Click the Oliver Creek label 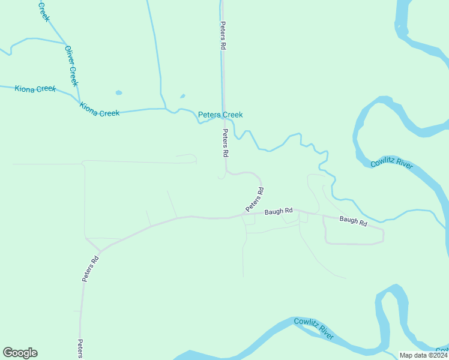(71, 66)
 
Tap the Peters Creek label (220, 115)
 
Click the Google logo (20, 353)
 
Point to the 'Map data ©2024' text (420, 355)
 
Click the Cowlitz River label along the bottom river (313, 329)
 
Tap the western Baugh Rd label (279, 211)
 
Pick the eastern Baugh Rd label (353, 221)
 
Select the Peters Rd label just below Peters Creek (226, 143)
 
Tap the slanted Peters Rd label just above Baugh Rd (255, 200)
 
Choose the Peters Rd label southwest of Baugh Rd (91, 269)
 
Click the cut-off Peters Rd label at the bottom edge (80, 349)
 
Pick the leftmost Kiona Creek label (35, 89)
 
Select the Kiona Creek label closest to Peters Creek (100, 113)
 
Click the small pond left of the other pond (119, 93)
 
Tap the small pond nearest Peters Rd (182, 95)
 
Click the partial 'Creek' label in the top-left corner (43, 10)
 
